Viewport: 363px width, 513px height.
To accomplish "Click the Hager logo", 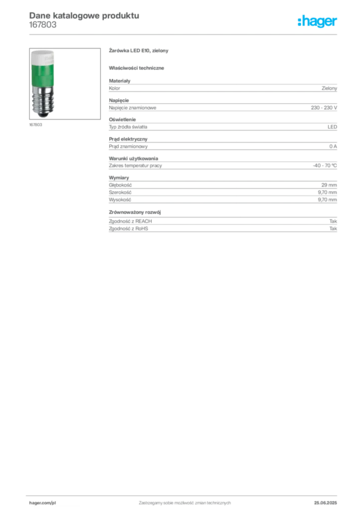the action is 317,22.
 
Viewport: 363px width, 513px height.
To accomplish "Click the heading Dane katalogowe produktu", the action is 84,16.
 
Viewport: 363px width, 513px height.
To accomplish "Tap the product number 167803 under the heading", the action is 43,25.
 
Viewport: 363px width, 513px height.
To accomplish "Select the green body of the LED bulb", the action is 43,75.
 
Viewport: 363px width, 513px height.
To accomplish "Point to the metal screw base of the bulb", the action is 43,101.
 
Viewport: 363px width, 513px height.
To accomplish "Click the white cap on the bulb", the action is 43,57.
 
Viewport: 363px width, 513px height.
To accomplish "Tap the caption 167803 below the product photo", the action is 36,125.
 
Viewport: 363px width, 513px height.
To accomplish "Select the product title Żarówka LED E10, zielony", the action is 138,51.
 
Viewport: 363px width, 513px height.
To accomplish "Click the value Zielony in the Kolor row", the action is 329,88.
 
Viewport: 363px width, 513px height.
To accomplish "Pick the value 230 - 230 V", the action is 324,108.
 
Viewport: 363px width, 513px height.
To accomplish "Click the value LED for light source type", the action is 332,127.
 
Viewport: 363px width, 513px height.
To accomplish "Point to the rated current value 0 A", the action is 333,146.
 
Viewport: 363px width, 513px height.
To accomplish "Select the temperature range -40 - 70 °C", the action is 325,165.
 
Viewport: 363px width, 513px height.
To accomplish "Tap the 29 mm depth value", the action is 329,185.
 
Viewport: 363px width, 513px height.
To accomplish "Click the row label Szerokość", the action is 120,192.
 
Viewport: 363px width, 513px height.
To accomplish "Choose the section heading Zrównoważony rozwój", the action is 135,212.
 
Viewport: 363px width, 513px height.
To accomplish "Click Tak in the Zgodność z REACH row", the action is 333,221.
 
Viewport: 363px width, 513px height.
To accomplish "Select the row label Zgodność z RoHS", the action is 128,228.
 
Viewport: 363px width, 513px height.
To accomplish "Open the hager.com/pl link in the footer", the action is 43,503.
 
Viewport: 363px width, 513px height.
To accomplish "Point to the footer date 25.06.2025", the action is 325,503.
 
